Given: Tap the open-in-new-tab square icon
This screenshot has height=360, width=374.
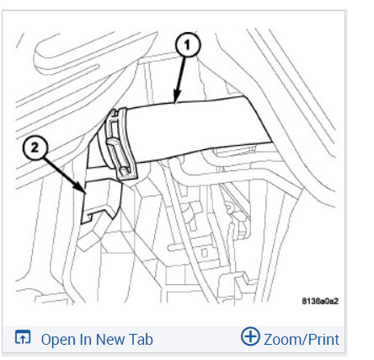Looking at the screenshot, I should click(23, 339).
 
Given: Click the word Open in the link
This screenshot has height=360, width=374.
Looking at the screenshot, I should click(59, 340).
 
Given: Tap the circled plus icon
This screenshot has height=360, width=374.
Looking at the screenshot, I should click(250, 339).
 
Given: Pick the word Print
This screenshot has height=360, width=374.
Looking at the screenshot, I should click(323, 340).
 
